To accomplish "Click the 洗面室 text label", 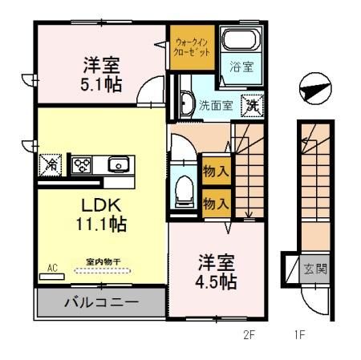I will coord(215,104).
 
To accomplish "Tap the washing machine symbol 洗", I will coord(252,103).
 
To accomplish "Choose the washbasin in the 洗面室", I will coord(186,103).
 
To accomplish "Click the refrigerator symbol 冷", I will coord(50,166).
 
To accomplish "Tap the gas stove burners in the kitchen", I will coord(81,165).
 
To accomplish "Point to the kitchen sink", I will coord(118,165).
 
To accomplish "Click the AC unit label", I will coord(53,269).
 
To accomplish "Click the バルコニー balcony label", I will coord(101,304).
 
